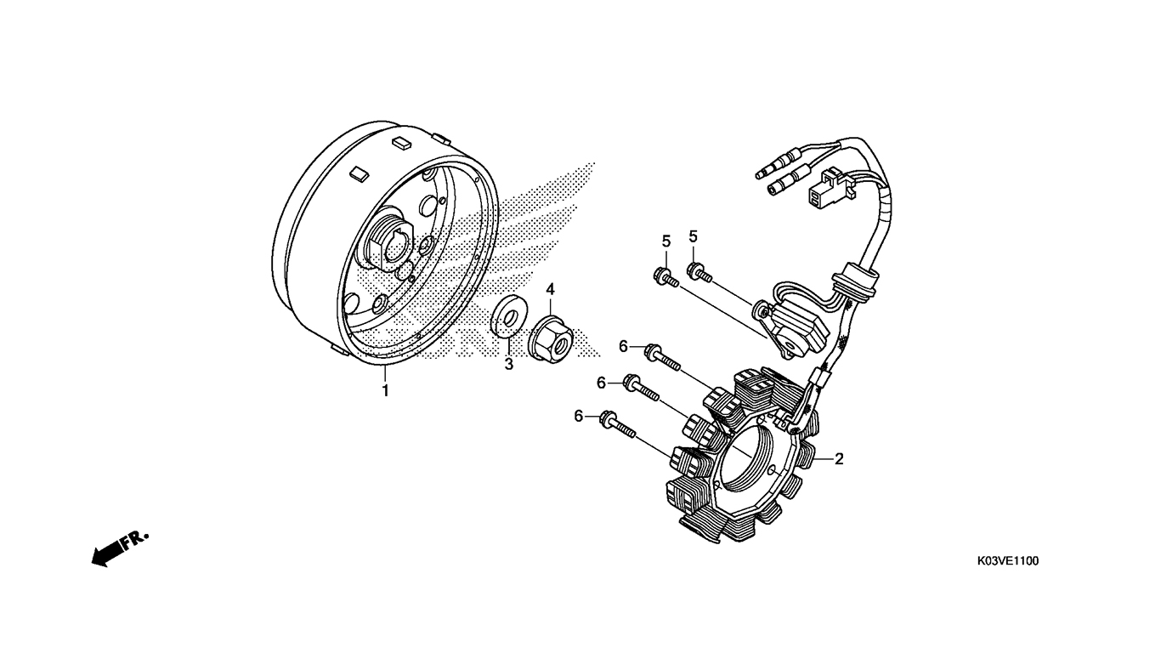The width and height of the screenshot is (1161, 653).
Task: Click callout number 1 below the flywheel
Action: tap(385, 391)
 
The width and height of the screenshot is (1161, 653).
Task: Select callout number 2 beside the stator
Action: tap(839, 459)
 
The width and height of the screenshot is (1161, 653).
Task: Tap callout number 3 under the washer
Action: tap(509, 365)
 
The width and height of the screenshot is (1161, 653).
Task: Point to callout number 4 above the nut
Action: tap(550, 289)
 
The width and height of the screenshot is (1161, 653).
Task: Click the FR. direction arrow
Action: tap(117, 549)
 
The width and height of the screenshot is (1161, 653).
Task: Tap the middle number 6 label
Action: tap(602, 383)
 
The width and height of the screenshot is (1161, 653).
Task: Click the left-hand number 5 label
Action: tap(666, 241)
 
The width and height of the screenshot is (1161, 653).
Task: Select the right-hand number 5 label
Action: tap(693, 236)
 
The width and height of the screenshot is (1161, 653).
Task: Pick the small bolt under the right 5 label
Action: tap(699, 272)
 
